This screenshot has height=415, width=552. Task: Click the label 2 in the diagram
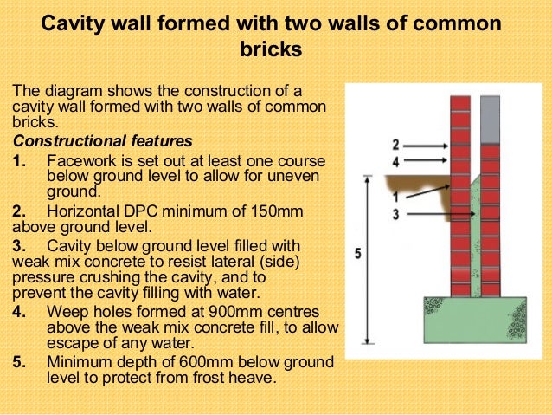395,144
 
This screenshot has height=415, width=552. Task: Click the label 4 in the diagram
395,161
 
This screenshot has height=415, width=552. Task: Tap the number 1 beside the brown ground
395,197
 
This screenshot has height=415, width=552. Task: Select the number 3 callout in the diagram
395,213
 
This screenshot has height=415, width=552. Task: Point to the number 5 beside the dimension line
358,254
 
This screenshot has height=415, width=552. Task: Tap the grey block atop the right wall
491,119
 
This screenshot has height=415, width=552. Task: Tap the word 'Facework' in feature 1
82,160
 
